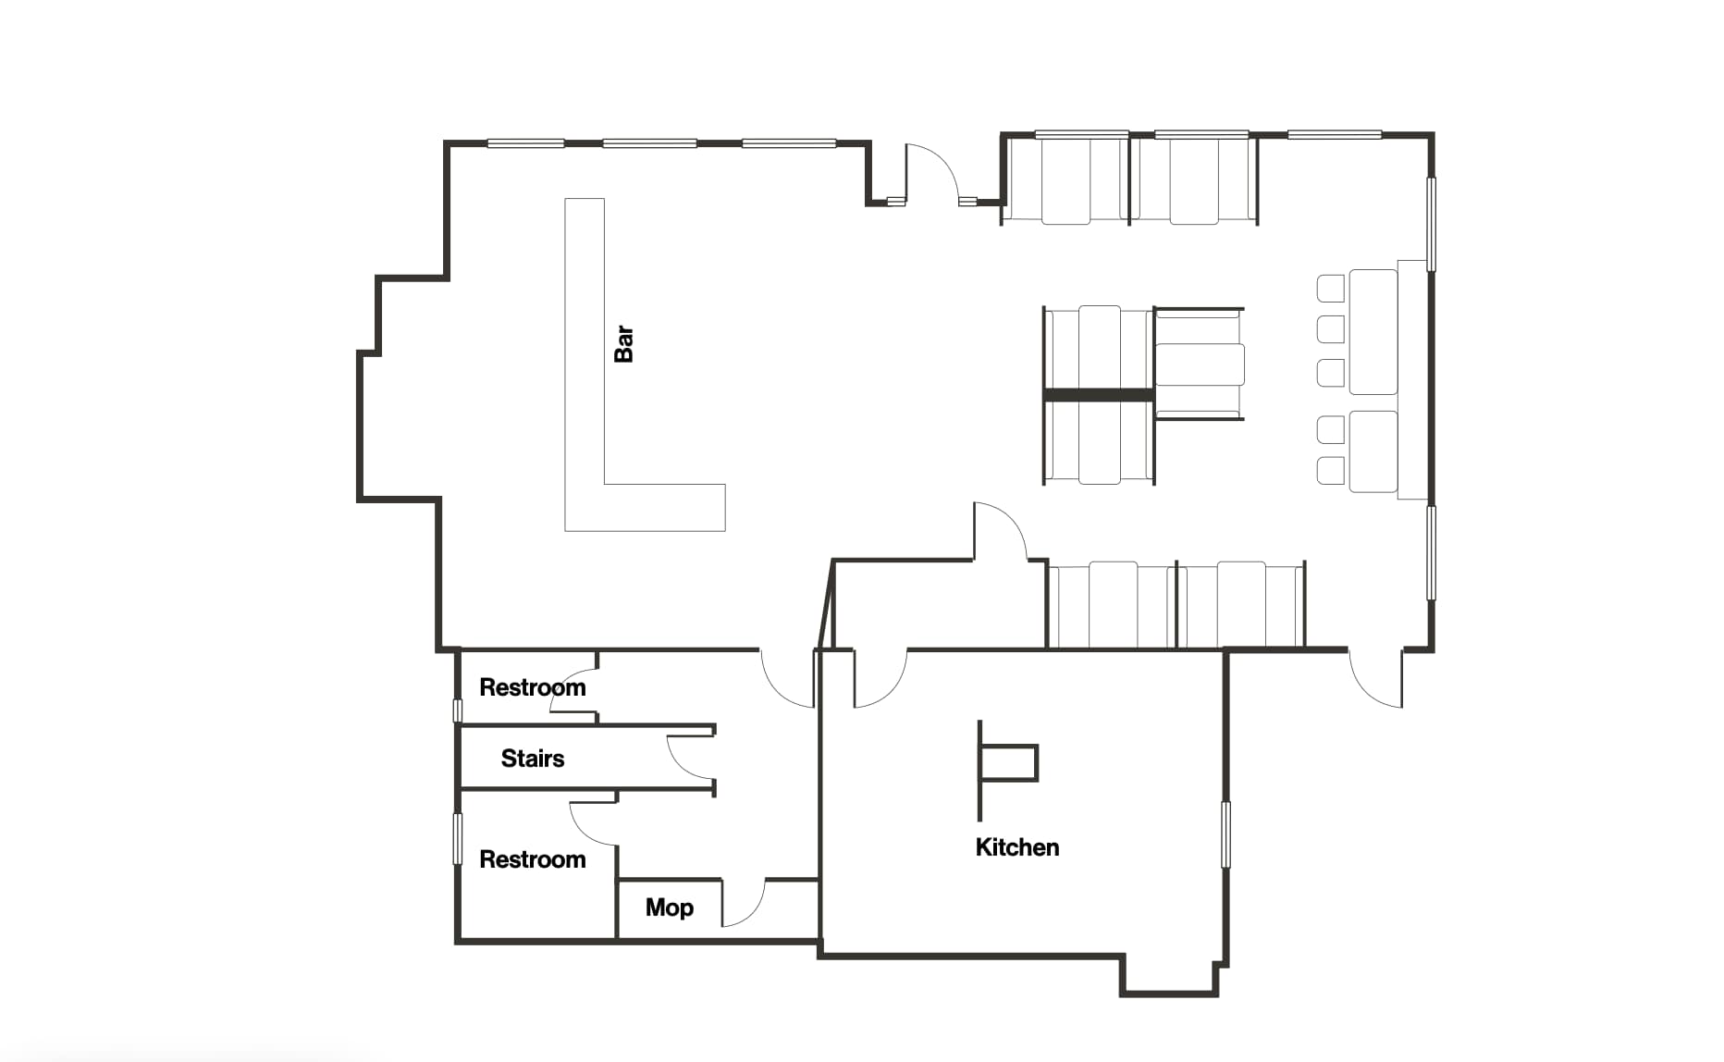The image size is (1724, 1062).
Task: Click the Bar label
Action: click(624, 343)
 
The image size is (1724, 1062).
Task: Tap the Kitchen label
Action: click(1017, 847)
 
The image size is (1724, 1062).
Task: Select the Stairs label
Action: click(533, 759)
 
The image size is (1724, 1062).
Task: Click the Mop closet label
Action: click(670, 908)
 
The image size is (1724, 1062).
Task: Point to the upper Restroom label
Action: click(533, 687)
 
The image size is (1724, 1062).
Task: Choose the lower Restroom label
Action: click(533, 859)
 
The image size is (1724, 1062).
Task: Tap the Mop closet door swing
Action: click(745, 902)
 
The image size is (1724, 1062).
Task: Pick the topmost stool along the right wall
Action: click(1331, 288)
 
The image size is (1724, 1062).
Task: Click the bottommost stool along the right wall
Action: click(1331, 470)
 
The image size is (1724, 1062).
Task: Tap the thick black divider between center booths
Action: click(1099, 395)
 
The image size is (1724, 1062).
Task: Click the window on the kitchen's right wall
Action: click(1225, 834)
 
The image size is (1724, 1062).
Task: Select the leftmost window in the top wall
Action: click(526, 143)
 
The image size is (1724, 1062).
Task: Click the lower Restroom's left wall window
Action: click(457, 839)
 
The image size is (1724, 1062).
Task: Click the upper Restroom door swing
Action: click(573, 689)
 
